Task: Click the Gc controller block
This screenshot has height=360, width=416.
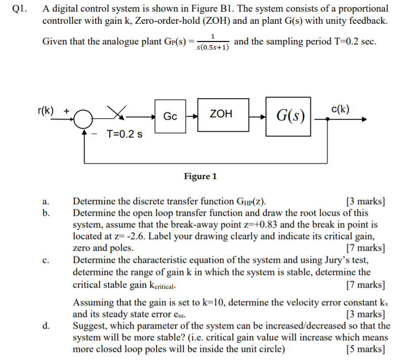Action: tap(171, 116)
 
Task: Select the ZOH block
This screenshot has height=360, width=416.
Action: tap(221, 115)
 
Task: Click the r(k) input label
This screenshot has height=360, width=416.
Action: tap(47, 110)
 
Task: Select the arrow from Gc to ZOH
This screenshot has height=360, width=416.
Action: tap(192, 116)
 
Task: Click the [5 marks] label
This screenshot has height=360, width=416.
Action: tap(365, 349)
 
